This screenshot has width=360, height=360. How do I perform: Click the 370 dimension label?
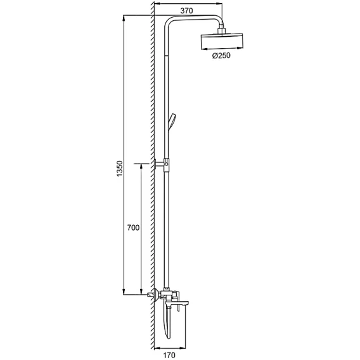tap(186, 11)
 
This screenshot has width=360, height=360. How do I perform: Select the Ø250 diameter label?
tap(221, 56)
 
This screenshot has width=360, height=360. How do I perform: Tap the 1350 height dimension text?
tap(120, 169)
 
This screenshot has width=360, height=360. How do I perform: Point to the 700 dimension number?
tap(133, 228)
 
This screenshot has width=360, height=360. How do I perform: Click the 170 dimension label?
tap(169, 355)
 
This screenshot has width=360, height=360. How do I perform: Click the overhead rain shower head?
tap(222, 41)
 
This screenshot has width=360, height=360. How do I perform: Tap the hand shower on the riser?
tap(172, 122)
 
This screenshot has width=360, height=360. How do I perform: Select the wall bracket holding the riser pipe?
tap(162, 164)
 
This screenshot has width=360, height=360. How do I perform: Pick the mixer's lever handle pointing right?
tap(178, 300)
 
